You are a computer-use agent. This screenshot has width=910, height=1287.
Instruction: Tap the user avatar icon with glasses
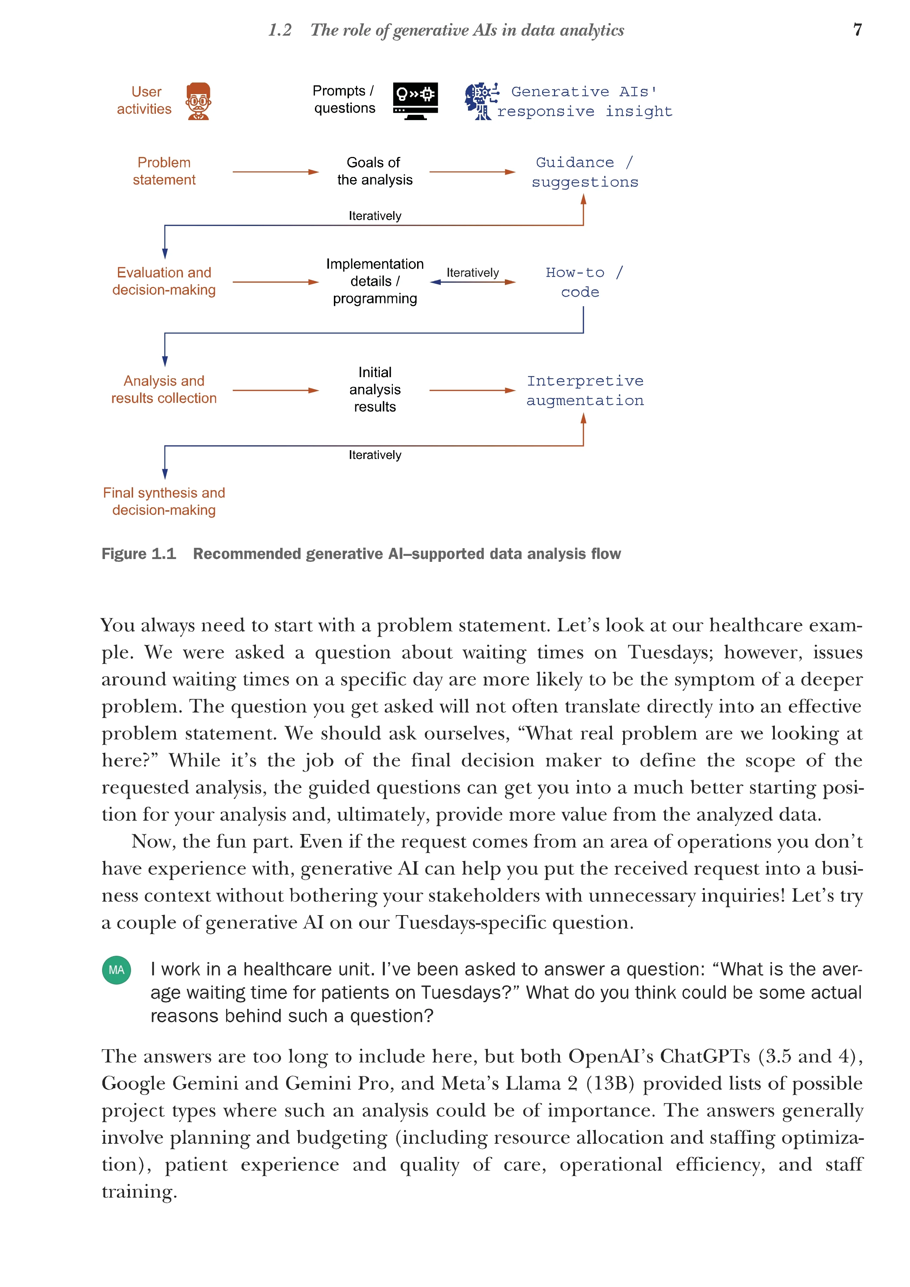[198, 101]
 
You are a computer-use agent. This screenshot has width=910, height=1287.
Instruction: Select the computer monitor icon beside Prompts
[415, 101]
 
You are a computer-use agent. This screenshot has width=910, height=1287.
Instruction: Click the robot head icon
[481, 101]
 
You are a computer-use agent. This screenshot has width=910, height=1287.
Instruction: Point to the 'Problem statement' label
[164, 171]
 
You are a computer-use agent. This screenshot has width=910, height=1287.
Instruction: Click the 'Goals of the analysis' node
[374, 171]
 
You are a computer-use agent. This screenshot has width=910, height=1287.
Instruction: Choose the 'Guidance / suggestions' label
[585, 172]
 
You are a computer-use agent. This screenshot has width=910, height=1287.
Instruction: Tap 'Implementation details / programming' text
[374, 281]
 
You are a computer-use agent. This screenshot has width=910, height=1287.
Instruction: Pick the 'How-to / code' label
[583, 282]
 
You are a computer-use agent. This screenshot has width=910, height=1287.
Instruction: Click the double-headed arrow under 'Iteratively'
[472, 282]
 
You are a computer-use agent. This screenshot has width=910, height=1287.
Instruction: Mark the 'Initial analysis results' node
[374, 389]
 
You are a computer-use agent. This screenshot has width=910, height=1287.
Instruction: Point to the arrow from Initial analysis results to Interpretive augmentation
[472, 390]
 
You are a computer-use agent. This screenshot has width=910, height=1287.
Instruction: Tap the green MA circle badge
[117, 970]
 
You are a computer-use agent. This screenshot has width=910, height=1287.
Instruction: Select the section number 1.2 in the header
[279, 30]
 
